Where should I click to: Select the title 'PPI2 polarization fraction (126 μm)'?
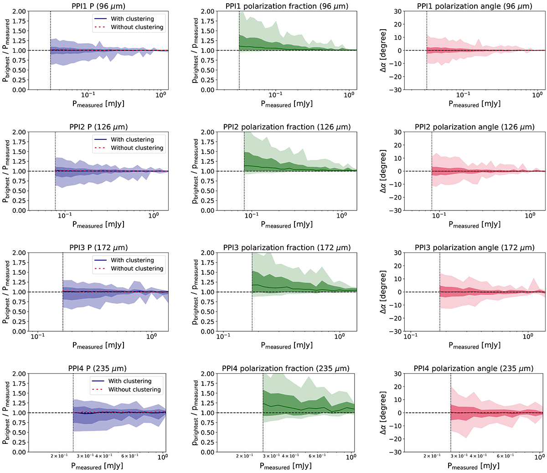click(x=287, y=127)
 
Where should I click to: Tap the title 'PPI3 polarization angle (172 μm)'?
click(x=475, y=248)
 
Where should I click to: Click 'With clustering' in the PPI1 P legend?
click(x=132, y=19)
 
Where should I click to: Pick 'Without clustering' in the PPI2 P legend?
click(x=137, y=148)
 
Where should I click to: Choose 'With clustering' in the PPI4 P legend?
click(x=130, y=381)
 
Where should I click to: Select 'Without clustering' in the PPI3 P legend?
click(x=137, y=269)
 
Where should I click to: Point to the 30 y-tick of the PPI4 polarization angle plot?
click(x=397, y=374)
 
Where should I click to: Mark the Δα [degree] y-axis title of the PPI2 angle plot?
click(x=383, y=171)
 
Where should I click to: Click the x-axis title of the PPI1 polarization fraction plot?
click(x=287, y=104)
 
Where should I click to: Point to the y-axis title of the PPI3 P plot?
click(x=6, y=292)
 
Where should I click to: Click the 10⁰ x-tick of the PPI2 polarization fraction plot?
click(x=341, y=216)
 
